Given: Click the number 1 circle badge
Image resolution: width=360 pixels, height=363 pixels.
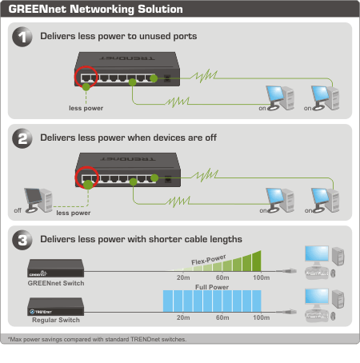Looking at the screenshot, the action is [22, 37].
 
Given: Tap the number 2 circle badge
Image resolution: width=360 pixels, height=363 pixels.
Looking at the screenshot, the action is [22, 138].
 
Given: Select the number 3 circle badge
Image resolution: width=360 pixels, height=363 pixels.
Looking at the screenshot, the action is [22, 240].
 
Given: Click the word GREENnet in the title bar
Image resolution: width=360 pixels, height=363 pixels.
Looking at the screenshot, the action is [37, 9].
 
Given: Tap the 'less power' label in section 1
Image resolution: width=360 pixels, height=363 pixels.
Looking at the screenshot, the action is [86, 108].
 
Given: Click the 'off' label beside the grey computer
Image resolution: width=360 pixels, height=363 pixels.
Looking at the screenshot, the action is [18, 210].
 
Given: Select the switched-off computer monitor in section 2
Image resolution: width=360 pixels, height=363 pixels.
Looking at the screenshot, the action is [33, 197].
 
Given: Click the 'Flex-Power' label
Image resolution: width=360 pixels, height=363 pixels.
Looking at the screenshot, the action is [209, 260].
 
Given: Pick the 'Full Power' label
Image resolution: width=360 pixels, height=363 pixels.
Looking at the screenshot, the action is [212, 287].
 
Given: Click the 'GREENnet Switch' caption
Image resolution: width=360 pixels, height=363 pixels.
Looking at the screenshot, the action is [56, 283].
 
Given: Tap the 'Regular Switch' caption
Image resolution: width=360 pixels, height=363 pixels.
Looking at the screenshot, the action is [56, 320].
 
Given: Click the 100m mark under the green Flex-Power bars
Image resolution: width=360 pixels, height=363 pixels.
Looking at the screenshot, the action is [262, 277].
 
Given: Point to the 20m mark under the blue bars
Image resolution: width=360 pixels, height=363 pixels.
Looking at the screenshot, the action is [183, 317].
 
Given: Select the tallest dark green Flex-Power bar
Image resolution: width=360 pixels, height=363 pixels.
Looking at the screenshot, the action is [257, 261].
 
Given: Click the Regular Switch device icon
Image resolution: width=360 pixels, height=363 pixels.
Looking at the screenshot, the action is [55, 306].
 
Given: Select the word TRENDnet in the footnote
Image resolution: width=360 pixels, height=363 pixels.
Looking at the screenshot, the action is [146, 339].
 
